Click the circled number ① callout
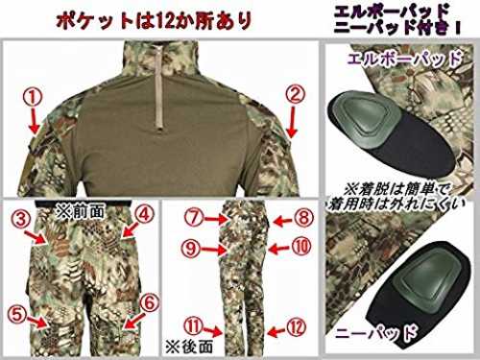point(34,98)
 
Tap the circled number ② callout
point(296,94)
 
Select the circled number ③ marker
point(21,220)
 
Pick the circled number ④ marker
point(145,215)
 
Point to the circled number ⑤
point(16,315)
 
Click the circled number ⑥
point(150,302)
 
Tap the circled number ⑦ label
point(194,218)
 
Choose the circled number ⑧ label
point(303,218)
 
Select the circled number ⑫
point(297,327)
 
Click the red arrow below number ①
point(35,120)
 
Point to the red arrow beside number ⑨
point(214,250)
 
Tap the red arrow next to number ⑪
point(213,331)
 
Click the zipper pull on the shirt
point(159,128)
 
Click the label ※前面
point(80,211)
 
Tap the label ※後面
point(189,347)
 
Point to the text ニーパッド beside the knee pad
point(376,333)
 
